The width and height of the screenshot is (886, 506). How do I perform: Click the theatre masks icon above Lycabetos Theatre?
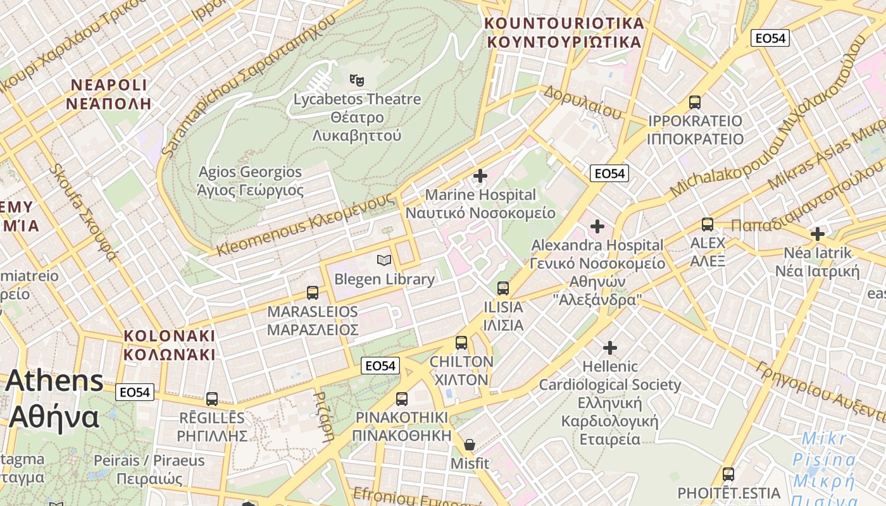click(357, 80)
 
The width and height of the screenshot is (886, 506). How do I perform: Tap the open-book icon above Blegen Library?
click(384, 260)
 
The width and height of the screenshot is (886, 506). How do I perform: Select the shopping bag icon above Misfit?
click(470, 445)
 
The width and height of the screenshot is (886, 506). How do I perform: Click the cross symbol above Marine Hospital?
click(480, 175)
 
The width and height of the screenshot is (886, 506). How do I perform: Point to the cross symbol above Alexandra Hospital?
click(597, 226)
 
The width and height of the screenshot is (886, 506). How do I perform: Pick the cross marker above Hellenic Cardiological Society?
click(610, 347)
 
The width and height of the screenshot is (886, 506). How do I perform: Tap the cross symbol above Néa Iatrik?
click(818, 234)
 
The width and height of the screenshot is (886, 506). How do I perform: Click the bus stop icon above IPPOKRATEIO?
click(695, 102)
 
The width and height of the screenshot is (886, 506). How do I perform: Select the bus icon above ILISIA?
click(503, 288)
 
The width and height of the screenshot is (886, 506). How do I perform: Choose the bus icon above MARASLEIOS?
click(313, 293)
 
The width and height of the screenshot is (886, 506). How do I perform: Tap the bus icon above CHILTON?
click(461, 343)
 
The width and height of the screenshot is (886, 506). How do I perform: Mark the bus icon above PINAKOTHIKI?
click(402, 399)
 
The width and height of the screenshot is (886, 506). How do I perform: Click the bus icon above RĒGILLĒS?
click(212, 399)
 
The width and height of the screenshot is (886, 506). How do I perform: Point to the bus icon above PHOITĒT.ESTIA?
click(728, 474)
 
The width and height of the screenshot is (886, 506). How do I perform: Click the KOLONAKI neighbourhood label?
click(170, 345)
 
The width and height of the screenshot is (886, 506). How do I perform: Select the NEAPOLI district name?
click(109, 94)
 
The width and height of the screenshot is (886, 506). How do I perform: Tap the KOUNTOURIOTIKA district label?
click(564, 33)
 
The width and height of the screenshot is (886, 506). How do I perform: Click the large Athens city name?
click(54, 398)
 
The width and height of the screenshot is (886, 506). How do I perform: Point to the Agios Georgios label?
click(251, 181)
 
